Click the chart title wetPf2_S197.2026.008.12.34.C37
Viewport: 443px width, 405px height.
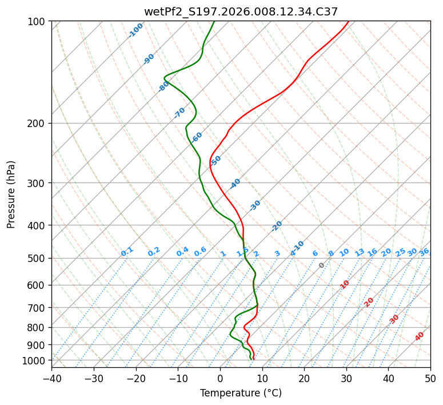[x=241, y=11]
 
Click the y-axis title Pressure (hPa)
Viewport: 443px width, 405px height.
[x=11, y=194]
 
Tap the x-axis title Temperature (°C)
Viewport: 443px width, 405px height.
[x=241, y=394]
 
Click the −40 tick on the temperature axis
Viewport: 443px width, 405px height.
[x=51, y=378]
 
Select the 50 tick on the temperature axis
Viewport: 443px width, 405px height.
[x=430, y=378]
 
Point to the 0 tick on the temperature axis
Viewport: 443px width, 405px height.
[x=220, y=378]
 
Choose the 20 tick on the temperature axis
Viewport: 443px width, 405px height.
[x=304, y=378]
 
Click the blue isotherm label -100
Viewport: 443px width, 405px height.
[x=136, y=30]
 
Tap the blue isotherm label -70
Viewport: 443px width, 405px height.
[x=179, y=113]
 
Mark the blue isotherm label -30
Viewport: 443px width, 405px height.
[x=255, y=205]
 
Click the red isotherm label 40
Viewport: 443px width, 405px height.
[x=420, y=336]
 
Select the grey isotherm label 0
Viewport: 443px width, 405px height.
[x=322, y=265]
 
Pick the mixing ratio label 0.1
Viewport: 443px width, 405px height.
[x=127, y=252]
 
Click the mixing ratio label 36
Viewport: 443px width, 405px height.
[x=424, y=252]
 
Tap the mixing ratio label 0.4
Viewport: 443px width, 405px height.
[x=182, y=252]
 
